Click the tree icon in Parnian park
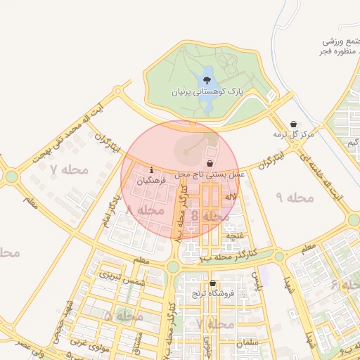coord(206,80)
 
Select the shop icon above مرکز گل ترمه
coord(293,124)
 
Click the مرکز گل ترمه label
coord(294,134)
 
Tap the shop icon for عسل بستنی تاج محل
coord(210,162)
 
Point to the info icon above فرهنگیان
coord(152,169)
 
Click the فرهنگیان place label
coord(153,180)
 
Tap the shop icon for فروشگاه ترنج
coord(212,283)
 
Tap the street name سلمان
coord(249,342)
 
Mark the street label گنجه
coord(234,235)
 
